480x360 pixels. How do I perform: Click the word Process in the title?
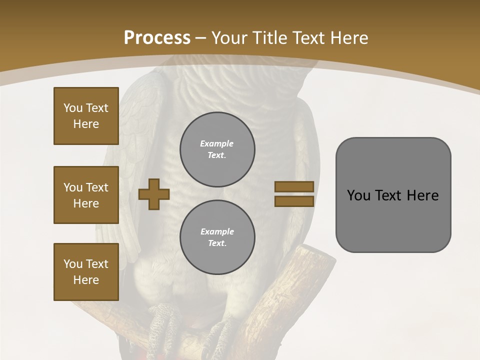click(157, 38)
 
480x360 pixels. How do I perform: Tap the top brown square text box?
click(86, 116)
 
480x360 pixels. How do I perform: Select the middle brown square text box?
click(86, 195)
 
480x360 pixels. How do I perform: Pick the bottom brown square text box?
click(86, 272)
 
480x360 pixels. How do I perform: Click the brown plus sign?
click(154, 194)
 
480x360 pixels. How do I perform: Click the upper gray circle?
click(217, 149)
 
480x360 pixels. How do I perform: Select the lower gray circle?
click(217, 237)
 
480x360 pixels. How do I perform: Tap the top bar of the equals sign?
click(294, 187)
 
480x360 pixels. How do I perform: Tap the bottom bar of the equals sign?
click(294, 201)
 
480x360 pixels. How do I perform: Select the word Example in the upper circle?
click(217, 143)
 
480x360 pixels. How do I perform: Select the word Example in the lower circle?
click(217, 231)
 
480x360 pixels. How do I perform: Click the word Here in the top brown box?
click(86, 124)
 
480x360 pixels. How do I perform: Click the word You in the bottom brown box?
click(73, 264)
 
